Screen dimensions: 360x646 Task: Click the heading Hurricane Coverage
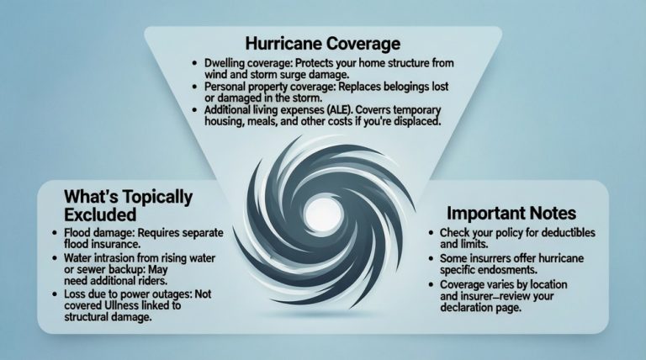click(x=323, y=42)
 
